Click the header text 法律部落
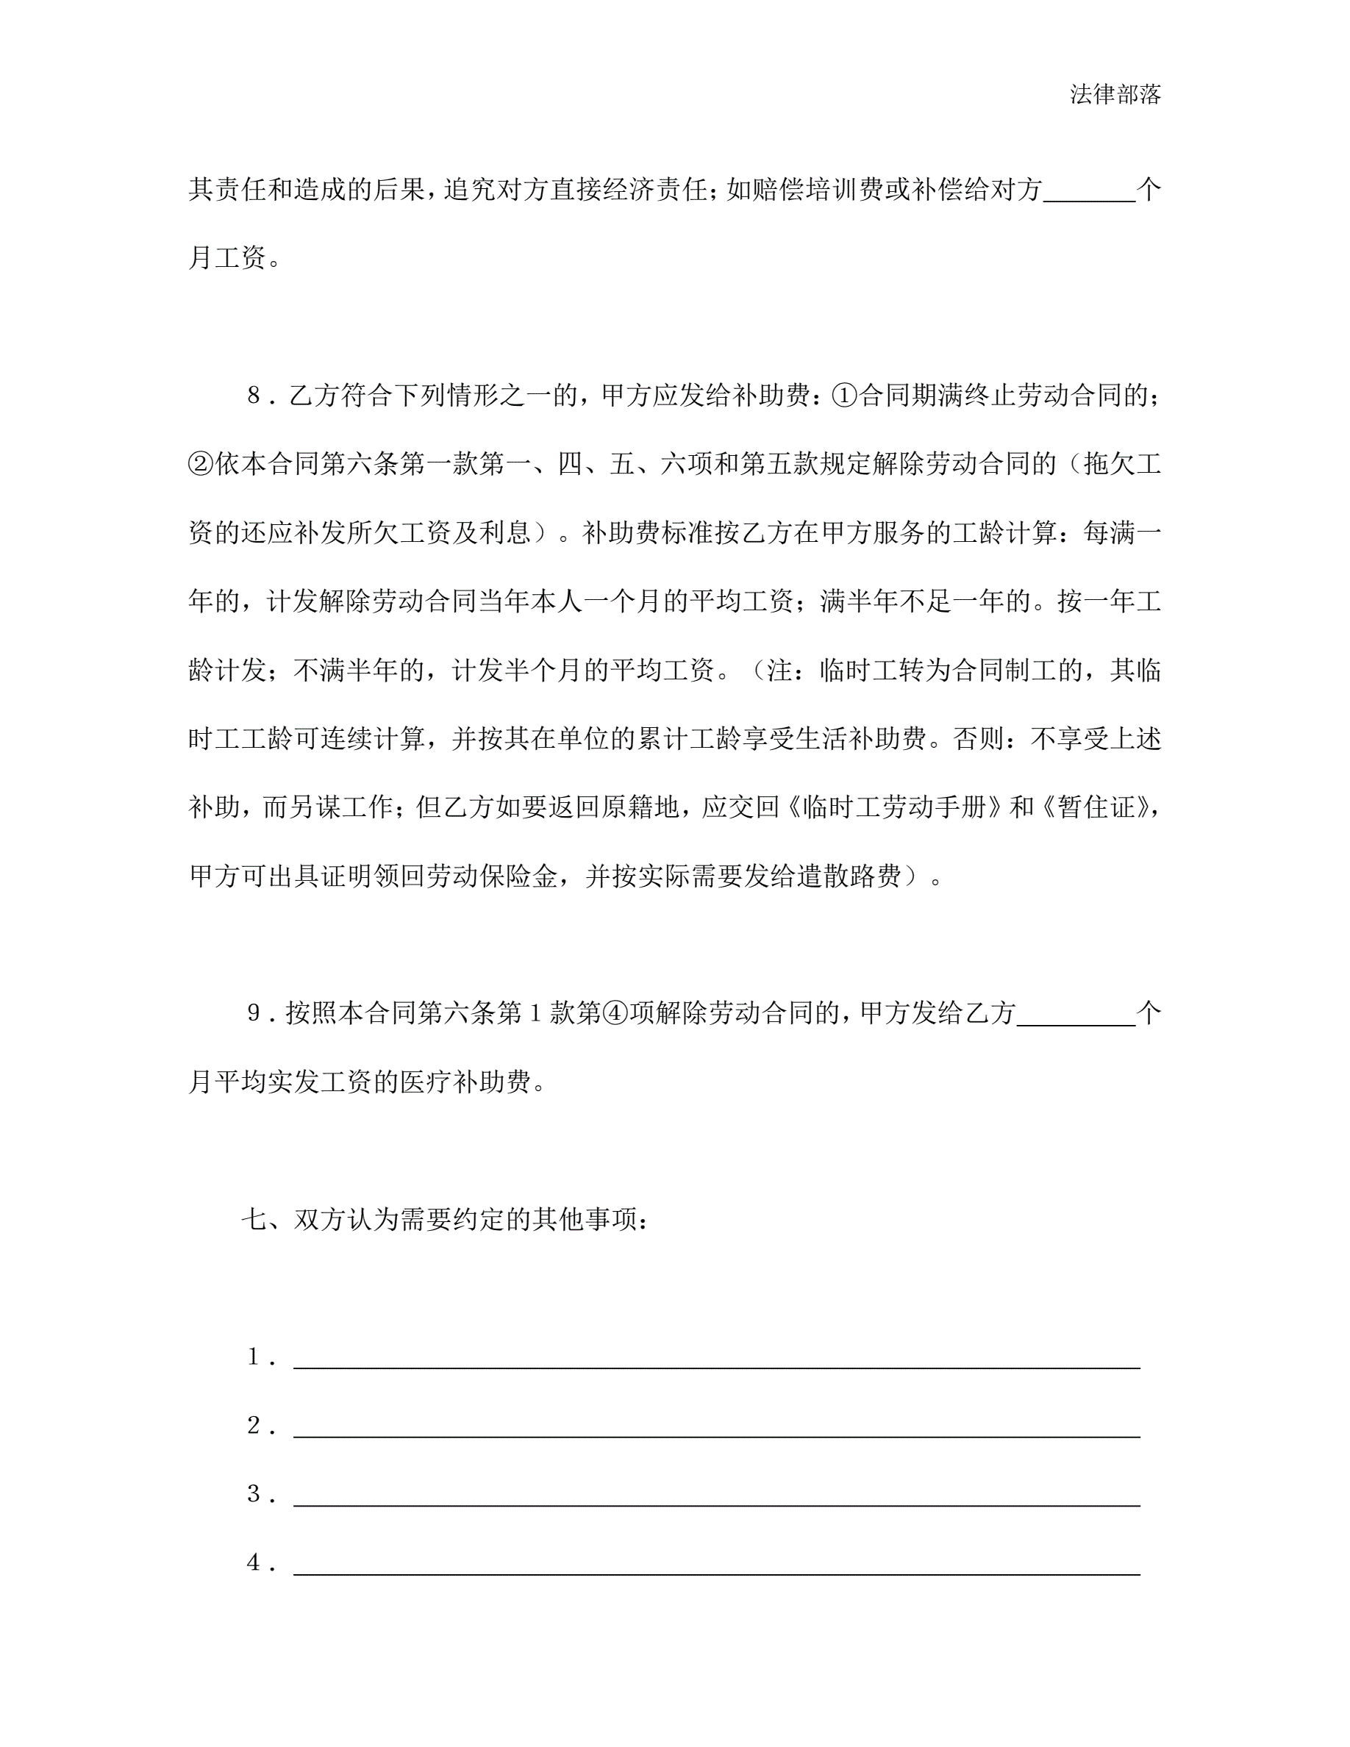1115,94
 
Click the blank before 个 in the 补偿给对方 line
1089,192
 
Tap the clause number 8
254,395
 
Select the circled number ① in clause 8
844,395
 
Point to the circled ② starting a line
201,464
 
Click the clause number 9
254,1013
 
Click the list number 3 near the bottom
254,1494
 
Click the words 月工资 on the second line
227,257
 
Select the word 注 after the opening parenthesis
779,670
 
